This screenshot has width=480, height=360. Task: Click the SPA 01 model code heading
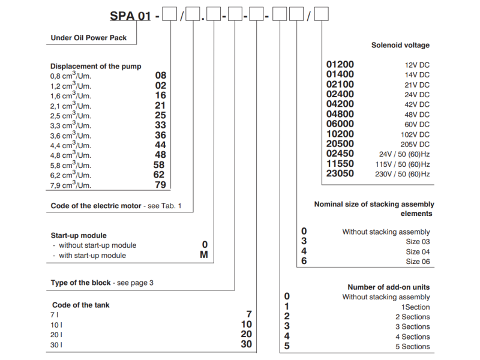click(130, 16)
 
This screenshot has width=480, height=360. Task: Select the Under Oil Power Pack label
click(88, 37)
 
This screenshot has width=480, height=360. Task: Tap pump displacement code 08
click(160, 76)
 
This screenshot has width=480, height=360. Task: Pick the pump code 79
click(160, 185)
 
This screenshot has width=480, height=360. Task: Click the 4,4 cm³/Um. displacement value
click(71, 145)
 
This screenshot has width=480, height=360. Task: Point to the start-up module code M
click(204, 255)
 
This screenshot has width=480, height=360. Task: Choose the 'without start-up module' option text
click(97, 245)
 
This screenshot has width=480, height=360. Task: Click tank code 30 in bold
click(246, 344)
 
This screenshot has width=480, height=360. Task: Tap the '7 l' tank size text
click(53, 314)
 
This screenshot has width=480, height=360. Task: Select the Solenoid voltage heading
click(400, 45)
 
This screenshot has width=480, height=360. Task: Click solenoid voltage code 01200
click(340, 64)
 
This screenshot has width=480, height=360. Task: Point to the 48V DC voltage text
click(416, 115)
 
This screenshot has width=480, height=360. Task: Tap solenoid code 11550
click(340, 164)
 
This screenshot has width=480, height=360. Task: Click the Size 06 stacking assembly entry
click(418, 262)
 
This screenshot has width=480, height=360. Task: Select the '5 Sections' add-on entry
click(412, 346)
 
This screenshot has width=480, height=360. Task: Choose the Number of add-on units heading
click(388, 287)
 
